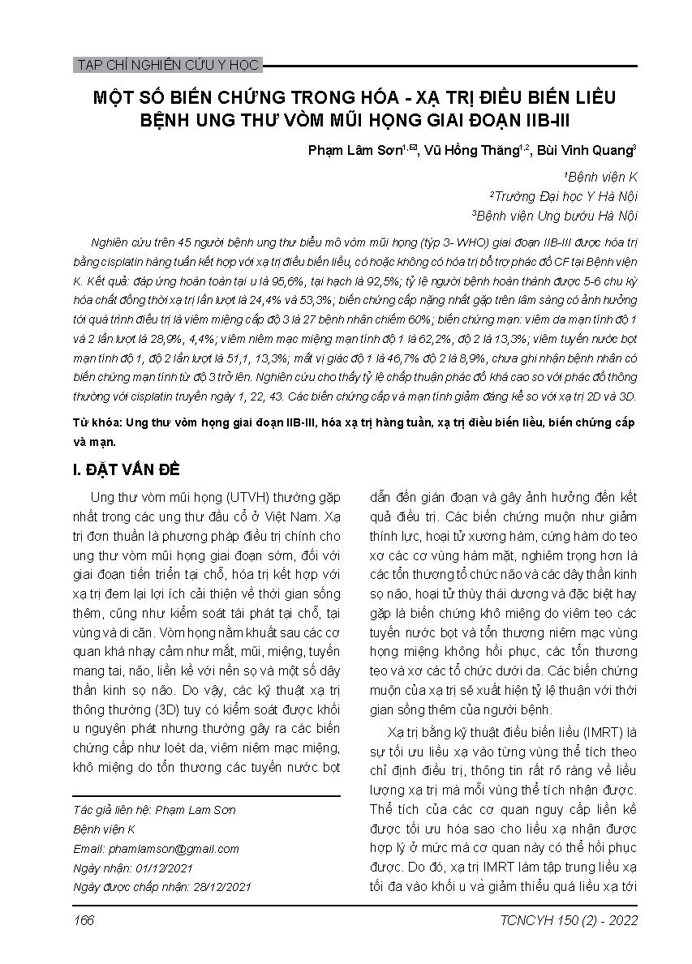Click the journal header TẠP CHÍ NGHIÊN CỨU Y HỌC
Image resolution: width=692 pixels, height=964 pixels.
166,65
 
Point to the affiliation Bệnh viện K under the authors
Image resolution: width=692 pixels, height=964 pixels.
602,176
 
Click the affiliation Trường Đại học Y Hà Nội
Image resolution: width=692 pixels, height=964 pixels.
565,195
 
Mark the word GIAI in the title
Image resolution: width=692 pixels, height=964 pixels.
458,122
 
